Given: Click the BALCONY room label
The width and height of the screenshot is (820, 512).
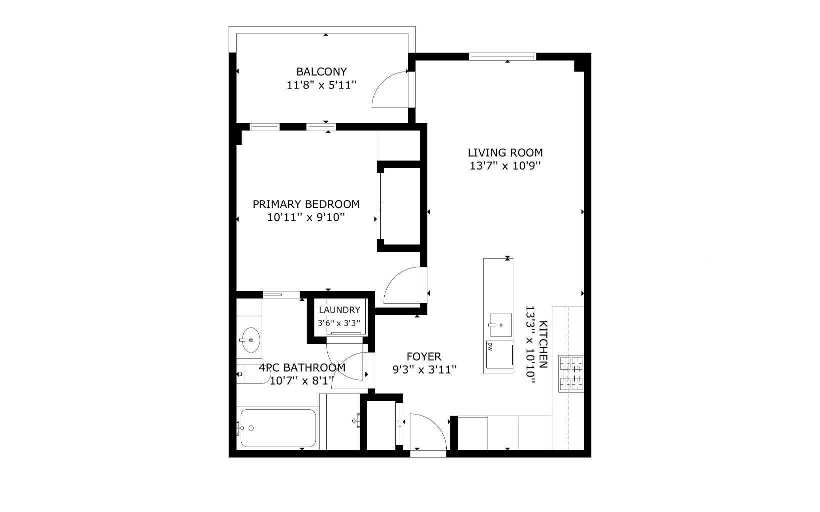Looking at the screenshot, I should click(x=321, y=71).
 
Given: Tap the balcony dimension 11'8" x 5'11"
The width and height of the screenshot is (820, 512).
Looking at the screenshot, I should click(x=321, y=85).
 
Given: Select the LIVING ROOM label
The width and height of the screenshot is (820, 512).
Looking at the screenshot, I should click(x=505, y=152).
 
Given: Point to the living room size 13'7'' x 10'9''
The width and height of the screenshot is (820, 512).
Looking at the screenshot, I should click(x=505, y=165).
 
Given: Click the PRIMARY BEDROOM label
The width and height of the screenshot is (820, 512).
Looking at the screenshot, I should click(x=306, y=204).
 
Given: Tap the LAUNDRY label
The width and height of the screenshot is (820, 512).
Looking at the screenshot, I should click(x=339, y=310).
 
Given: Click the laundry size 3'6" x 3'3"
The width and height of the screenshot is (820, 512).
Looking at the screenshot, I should click(x=339, y=323).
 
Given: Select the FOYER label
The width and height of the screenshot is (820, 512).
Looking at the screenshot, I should click(x=424, y=356).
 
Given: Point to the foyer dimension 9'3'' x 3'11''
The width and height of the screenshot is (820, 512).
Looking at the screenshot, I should click(x=424, y=369).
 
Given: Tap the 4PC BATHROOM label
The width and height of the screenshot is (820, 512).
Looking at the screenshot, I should click(x=302, y=367).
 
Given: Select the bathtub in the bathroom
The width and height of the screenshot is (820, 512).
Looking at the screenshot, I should click(x=278, y=428).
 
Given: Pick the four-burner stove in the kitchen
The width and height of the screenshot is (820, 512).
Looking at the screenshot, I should click(x=571, y=373).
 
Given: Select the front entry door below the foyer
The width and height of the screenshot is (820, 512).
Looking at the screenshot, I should click(x=428, y=433).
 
